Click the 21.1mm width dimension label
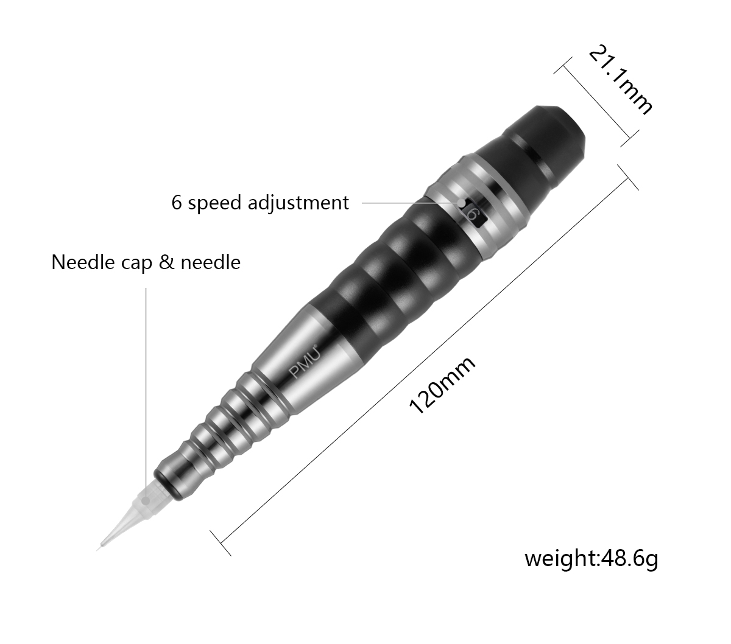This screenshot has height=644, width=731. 621,80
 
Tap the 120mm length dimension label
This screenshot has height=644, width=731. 442,385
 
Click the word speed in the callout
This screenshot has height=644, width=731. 214,203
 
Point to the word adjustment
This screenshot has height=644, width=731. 298,203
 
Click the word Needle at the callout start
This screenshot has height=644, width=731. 83,262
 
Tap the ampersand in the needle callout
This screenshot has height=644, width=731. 166,262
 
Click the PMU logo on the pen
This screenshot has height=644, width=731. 305,362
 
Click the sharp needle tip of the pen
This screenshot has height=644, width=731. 97,550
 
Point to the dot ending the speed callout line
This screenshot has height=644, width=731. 462,203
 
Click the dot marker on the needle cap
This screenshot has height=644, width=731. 146,501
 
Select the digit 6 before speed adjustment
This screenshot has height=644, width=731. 177,202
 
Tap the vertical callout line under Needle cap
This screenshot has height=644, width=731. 146,393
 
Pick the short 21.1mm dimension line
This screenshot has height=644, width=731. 596,102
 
